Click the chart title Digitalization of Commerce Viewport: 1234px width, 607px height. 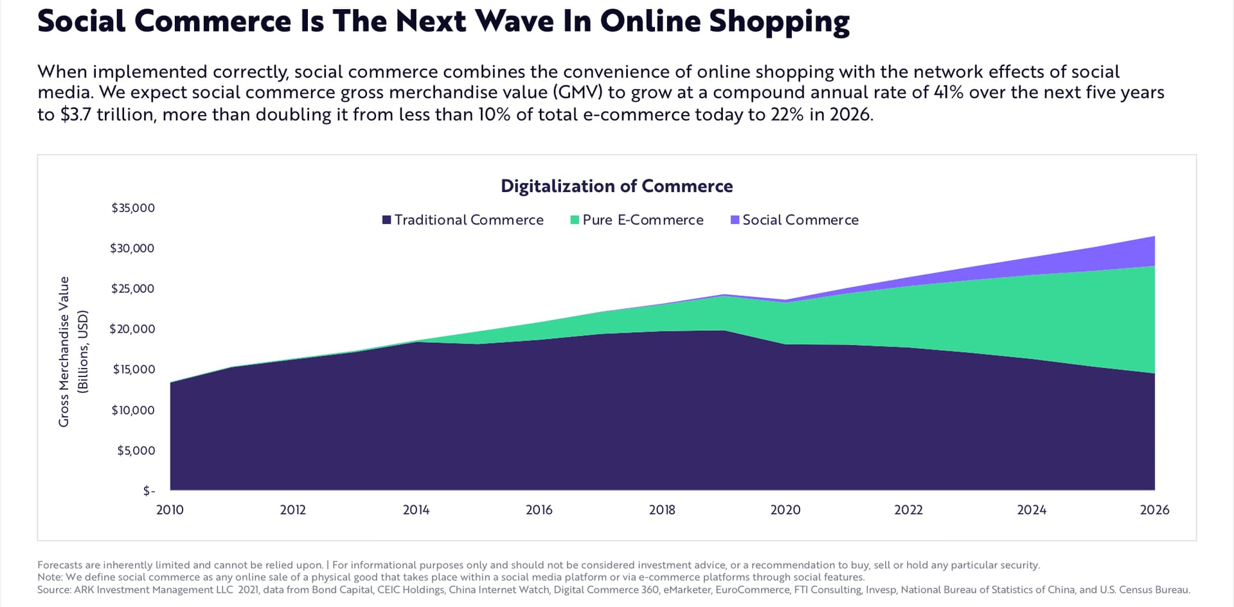[616, 186]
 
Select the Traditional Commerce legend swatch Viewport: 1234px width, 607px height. [386, 220]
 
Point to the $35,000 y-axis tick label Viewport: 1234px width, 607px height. [133, 208]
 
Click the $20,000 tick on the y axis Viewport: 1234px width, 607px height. [132, 329]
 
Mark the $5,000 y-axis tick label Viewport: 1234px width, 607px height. [136, 450]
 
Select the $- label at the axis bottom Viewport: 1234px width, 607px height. [149, 491]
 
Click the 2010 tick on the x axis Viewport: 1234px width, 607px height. [170, 510]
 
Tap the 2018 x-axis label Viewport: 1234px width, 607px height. [662, 510]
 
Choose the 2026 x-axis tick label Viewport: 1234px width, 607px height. [1154, 510]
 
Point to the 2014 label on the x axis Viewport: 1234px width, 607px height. [416, 510]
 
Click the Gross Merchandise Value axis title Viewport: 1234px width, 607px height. [64, 351]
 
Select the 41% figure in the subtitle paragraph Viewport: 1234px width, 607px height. [948, 92]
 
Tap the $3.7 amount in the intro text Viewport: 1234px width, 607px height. [76, 114]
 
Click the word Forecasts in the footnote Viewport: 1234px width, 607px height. [59, 565]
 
